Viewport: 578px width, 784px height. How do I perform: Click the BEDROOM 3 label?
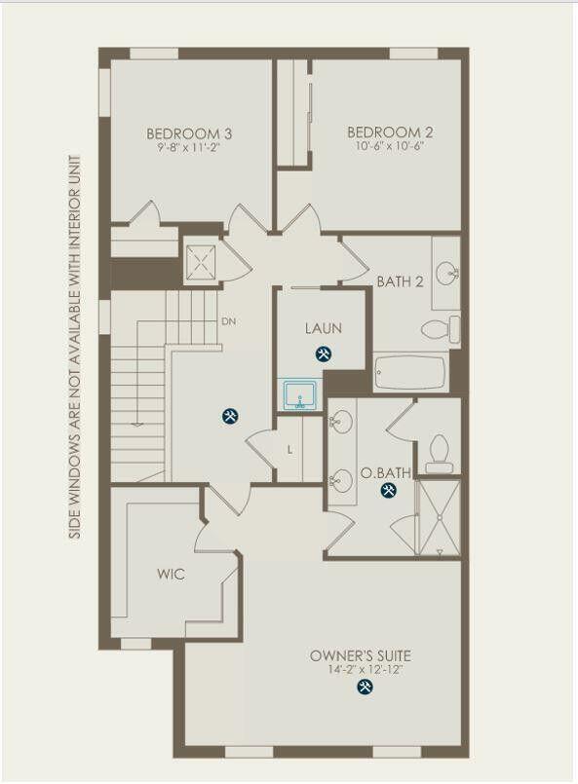pyautogui.click(x=189, y=133)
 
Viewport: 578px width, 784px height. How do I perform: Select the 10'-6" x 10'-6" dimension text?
pyautogui.click(x=390, y=146)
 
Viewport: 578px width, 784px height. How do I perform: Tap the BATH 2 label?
pyautogui.click(x=400, y=282)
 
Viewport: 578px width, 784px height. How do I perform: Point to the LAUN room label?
pyautogui.click(x=323, y=328)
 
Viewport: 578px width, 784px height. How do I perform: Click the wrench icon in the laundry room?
pyautogui.click(x=324, y=355)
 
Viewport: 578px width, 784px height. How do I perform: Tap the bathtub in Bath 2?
pyautogui.click(x=409, y=372)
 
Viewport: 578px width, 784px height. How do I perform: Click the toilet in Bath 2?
pyautogui.click(x=442, y=329)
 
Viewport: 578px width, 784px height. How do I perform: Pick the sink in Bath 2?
pyautogui.click(x=446, y=273)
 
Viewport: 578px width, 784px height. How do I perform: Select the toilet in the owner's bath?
pyautogui.click(x=440, y=453)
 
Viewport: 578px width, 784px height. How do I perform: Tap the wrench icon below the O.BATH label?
pyautogui.click(x=388, y=491)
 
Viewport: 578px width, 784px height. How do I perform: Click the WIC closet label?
pyautogui.click(x=171, y=575)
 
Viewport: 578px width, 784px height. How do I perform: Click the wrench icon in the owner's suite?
pyautogui.click(x=366, y=688)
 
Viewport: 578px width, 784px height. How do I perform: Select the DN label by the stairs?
pyautogui.click(x=229, y=321)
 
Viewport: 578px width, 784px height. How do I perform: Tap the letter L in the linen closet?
pyautogui.click(x=289, y=450)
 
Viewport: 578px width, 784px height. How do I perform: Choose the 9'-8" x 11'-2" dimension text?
pyautogui.click(x=189, y=148)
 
